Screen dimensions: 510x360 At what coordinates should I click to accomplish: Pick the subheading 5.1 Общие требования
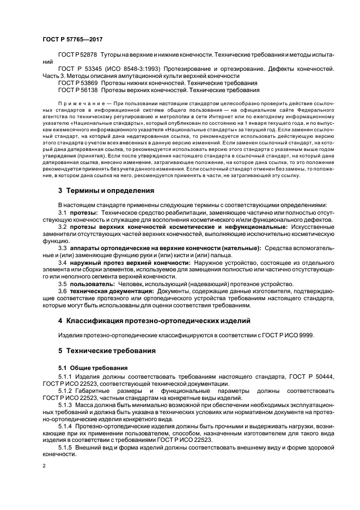(x=93, y=368)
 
